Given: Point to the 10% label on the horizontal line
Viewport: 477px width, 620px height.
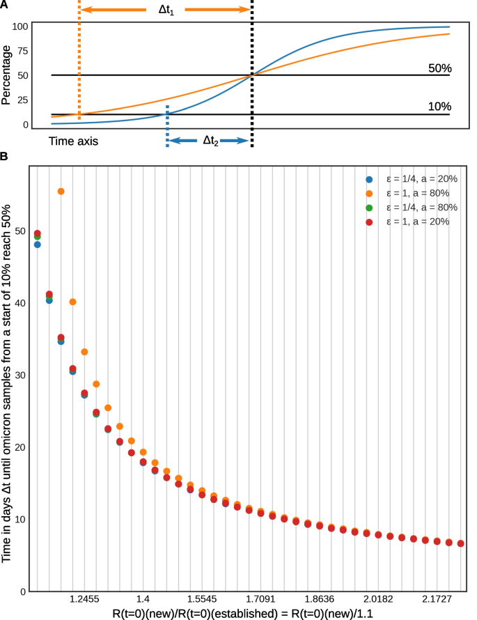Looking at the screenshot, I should coord(439,107).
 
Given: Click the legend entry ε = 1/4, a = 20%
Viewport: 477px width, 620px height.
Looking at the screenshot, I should coord(416,178).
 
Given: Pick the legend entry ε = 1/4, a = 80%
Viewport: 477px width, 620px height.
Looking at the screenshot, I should coord(416,207).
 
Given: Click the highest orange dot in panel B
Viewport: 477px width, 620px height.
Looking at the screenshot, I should coord(61,191).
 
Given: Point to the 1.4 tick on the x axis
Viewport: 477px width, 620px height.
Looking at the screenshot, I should coord(143,598).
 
